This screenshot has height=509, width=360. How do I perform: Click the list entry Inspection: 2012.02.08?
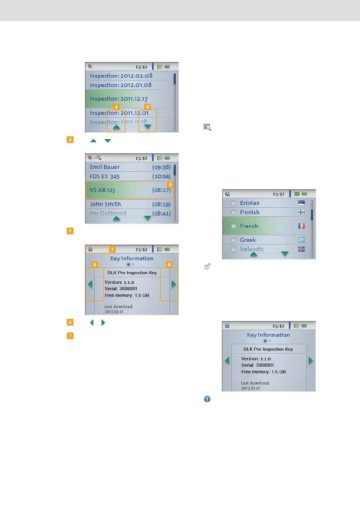click(121, 76)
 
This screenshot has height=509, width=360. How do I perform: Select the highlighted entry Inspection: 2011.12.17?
click(118, 99)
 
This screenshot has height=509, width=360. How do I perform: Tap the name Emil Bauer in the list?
click(105, 167)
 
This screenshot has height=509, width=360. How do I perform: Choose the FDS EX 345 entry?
click(105, 177)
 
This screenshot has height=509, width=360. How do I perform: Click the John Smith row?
click(105, 204)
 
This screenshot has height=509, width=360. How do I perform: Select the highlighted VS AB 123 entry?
click(102, 190)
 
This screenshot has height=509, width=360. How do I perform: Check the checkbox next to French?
click(234, 226)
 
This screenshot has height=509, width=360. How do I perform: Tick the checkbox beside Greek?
click(234, 240)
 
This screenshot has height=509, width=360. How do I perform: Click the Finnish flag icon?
click(301, 212)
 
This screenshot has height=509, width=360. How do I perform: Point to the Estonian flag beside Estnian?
click(301, 203)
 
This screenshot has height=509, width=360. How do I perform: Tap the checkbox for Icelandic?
click(234, 249)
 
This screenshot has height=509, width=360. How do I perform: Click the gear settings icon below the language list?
click(207, 267)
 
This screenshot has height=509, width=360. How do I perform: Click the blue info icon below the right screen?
click(207, 399)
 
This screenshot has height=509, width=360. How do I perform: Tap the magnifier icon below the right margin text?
click(207, 127)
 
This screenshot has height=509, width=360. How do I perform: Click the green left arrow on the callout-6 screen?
click(90, 284)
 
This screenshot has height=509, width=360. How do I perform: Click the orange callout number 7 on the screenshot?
click(112, 250)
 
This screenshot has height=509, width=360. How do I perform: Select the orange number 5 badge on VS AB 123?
click(170, 185)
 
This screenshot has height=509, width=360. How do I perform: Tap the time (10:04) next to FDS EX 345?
click(161, 177)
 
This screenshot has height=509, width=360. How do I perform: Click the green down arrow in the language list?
click(285, 254)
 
